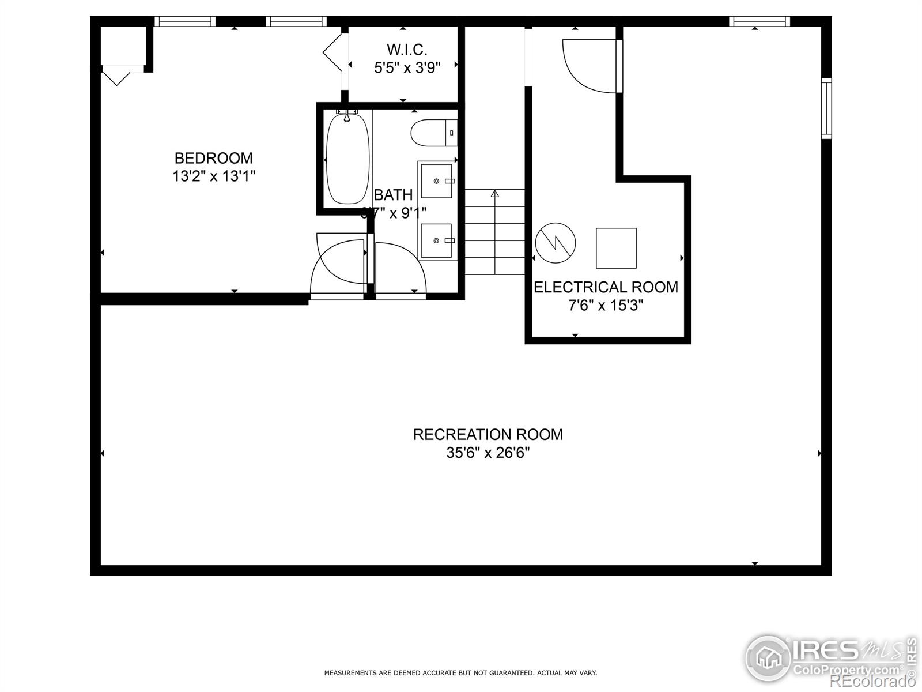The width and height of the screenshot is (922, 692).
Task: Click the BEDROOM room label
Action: coord(213,158)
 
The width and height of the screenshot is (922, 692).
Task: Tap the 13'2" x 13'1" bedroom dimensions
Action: coord(214,176)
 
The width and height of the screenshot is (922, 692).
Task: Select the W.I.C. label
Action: coord(407,49)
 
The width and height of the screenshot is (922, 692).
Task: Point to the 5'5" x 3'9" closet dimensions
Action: coord(407,68)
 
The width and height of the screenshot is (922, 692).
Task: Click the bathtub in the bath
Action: coord(347,159)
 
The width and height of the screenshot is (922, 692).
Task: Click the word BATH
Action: coord(393,195)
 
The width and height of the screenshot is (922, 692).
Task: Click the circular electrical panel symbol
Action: coord(556,243)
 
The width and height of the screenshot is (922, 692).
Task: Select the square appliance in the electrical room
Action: coord(616,248)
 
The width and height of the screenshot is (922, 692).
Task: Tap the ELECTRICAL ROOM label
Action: coord(606,287)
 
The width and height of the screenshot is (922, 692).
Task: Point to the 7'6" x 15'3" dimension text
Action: coord(606,306)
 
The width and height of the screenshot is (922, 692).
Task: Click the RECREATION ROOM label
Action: coord(488,434)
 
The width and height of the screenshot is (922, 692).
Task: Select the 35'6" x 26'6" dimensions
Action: coord(488,453)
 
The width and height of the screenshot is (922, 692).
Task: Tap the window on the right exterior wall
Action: coord(826,108)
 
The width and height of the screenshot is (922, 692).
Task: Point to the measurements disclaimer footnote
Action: coord(460,672)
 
